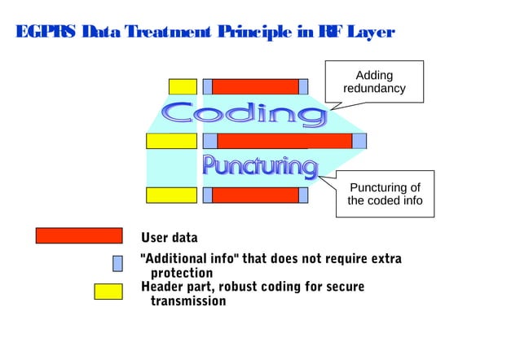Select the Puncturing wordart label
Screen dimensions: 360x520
(x=259, y=167)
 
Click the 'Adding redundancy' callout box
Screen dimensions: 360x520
(x=374, y=81)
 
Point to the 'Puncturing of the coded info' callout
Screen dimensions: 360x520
(x=385, y=194)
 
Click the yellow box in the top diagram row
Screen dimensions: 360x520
(x=183, y=86)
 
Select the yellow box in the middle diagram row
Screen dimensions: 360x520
(x=171, y=141)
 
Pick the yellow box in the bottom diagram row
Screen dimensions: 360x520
(x=171, y=195)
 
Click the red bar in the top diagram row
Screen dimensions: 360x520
(x=255, y=86)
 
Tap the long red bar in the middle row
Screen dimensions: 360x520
(x=284, y=141)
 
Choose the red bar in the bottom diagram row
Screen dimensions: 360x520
(x=255, y=195)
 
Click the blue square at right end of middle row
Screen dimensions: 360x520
(x=359, y=141)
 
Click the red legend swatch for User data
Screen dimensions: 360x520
(x=78, y=236)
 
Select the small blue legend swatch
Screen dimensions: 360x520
(x=117, y=263)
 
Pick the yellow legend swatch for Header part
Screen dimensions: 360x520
(x=108, y=292)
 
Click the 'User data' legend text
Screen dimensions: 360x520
(x=170, y=238)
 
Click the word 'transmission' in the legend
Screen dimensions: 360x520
(x=188, y=301)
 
